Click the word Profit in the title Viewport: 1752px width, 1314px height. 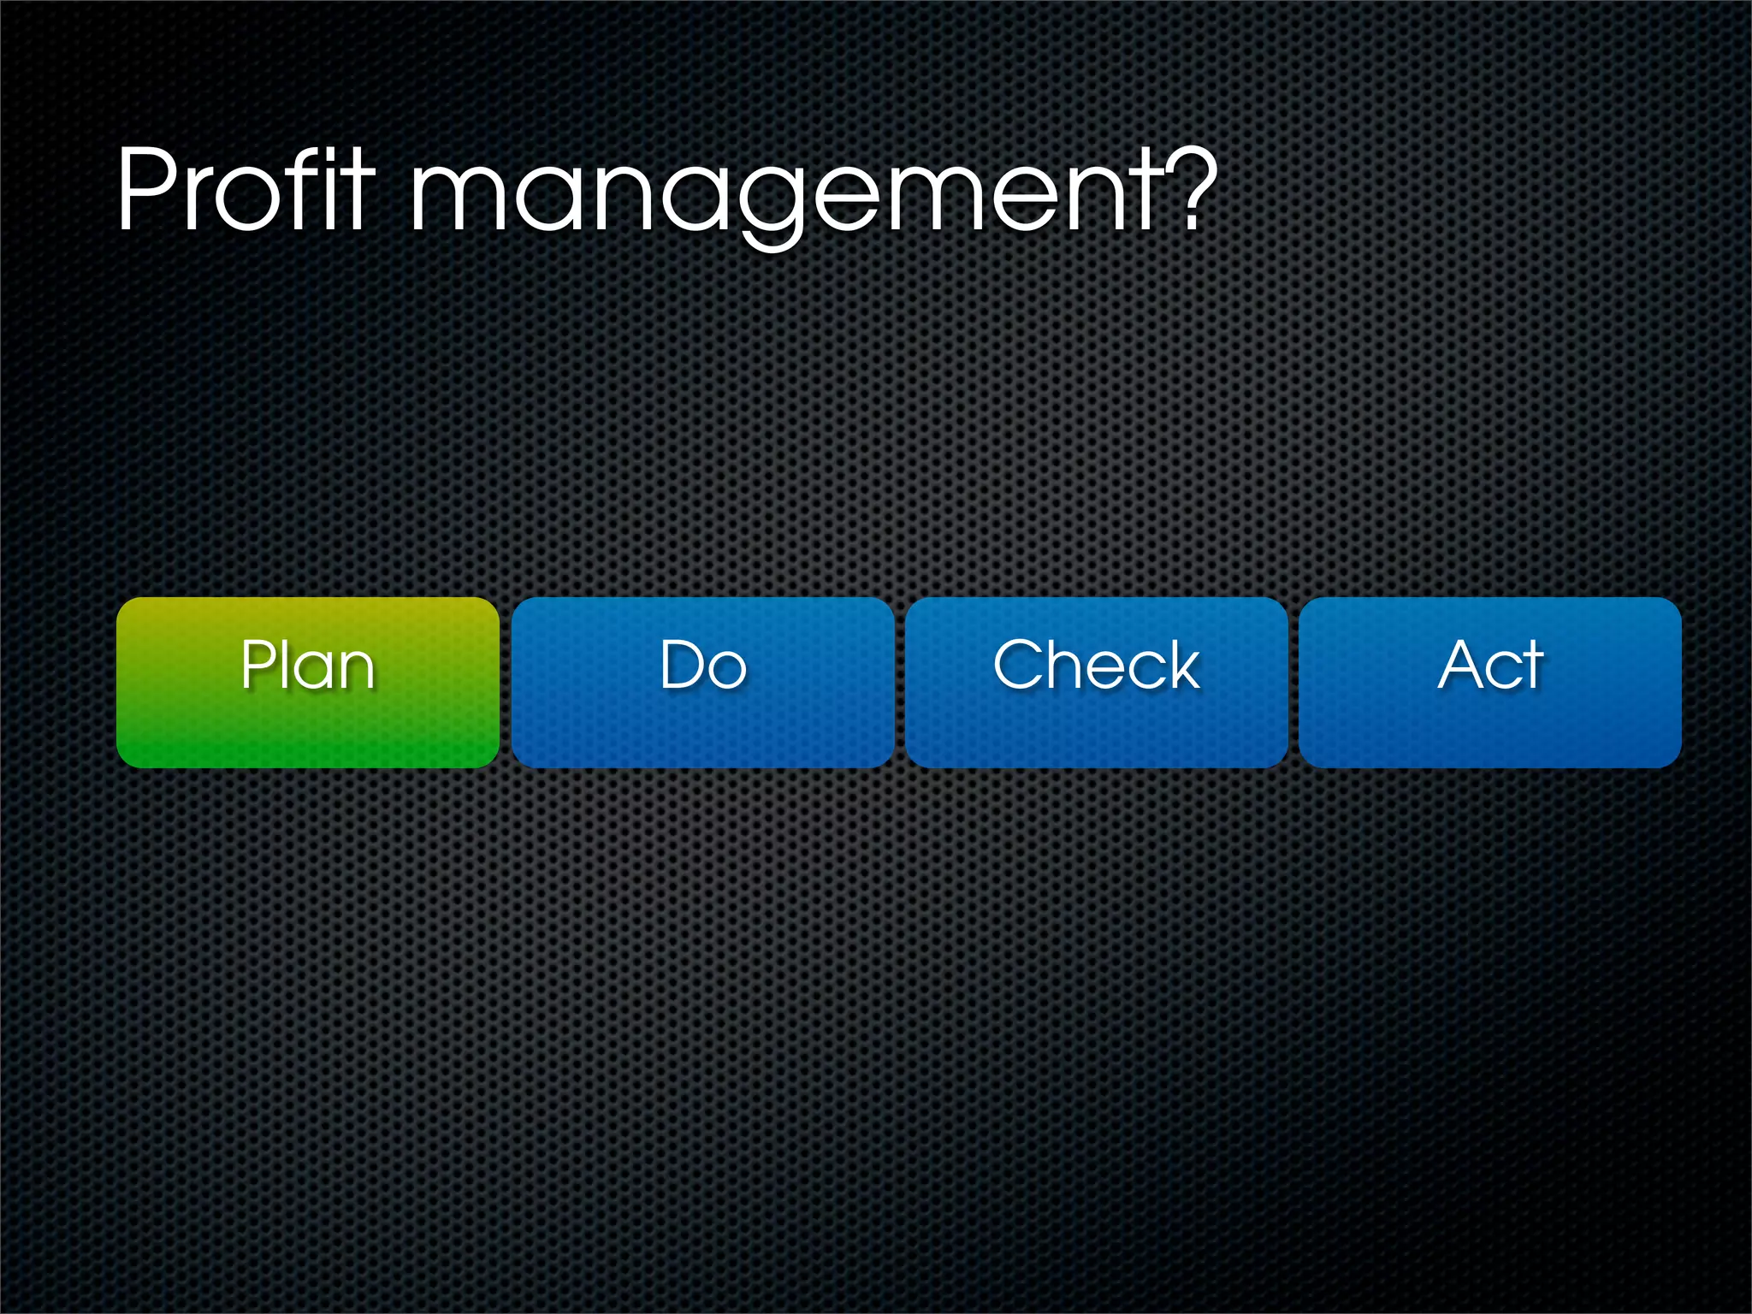[x=246, y=190]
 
